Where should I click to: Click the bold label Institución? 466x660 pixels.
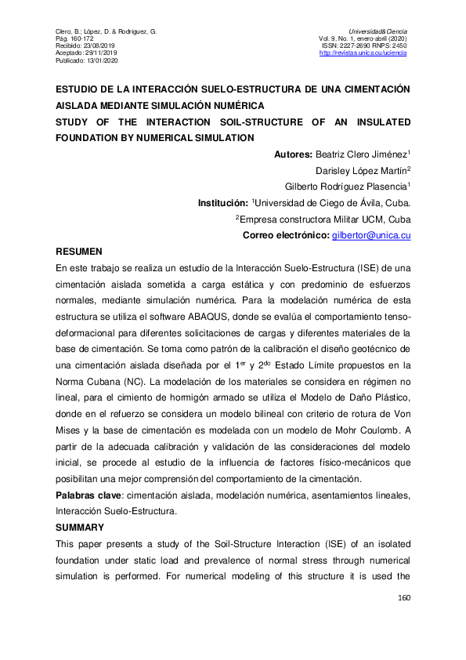pos(222,203)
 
